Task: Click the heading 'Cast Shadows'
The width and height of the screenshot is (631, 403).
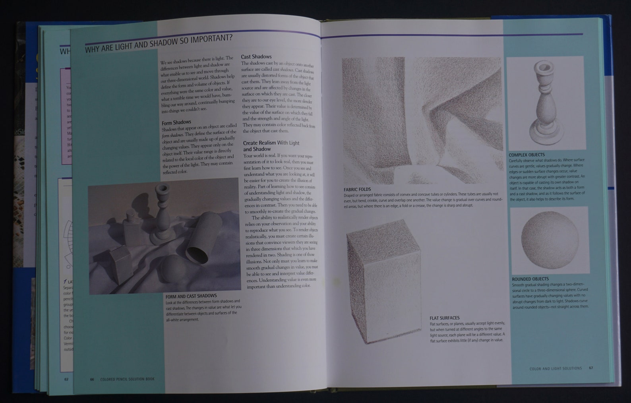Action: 256,57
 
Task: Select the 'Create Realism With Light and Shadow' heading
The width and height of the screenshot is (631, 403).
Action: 271,146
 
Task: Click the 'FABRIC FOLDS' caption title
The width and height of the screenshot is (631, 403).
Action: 357,190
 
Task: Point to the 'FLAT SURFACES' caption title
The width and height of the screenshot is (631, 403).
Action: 444,318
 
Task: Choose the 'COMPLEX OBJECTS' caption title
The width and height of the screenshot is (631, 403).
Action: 526,155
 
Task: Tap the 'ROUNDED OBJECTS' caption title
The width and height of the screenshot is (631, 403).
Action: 530,279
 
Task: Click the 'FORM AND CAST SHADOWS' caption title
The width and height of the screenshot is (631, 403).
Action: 191,296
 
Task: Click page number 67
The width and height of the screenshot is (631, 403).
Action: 591,368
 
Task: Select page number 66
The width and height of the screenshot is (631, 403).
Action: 92,379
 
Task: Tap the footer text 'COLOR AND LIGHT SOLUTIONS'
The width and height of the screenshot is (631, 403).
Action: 556,368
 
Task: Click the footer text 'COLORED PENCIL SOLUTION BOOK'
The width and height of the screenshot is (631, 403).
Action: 127,379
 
